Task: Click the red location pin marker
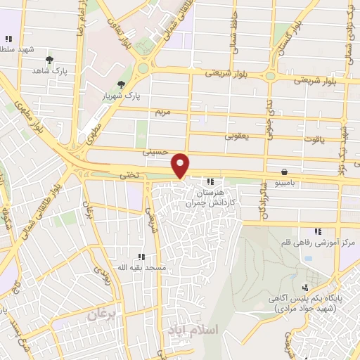[x=181, y=165]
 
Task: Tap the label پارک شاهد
[x=48, y=71]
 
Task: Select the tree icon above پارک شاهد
[x=49, y=60]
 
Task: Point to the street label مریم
[x=162, y=111]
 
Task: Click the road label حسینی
[x=155, y=150]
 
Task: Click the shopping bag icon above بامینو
[x=283, y=172]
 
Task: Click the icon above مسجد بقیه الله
[x=142, y=257]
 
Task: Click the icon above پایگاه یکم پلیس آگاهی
[x=304, y=288]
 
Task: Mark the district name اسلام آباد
[x=193, y=329]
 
